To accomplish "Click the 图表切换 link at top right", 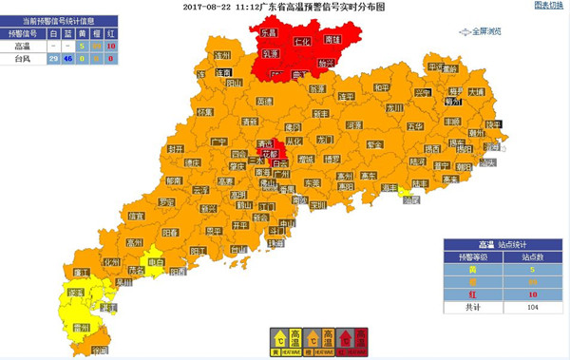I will point(549,6).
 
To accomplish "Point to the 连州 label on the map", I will point(223,55).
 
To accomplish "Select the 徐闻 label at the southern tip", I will point(100,351).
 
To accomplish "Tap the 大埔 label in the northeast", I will point(476,92).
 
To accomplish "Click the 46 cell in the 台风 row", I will point(68,59).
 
